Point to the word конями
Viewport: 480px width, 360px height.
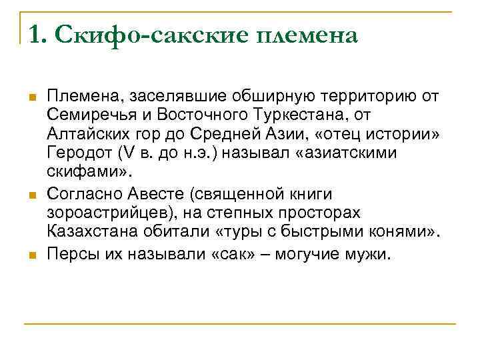coord(393,231)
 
